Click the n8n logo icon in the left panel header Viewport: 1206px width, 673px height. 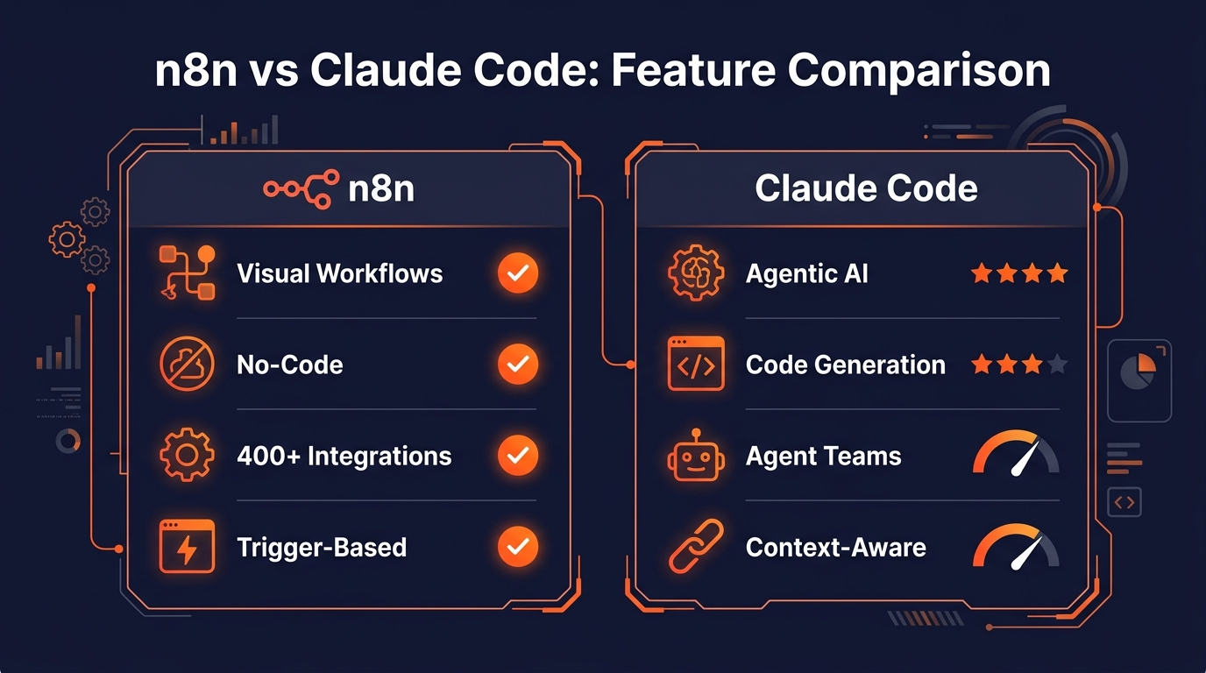[301, 188]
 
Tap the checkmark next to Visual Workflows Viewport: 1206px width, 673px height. [518, 273]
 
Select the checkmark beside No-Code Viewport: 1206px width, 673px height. [518, 365]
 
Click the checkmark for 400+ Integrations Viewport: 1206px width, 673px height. [518, 456]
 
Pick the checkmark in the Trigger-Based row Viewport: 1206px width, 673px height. [518, 548]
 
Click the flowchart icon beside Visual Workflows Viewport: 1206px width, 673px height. [187, 273]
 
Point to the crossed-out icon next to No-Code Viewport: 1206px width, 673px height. [187, 365]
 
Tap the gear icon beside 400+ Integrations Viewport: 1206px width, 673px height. [187, 456]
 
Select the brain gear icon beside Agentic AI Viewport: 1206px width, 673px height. [696, 273]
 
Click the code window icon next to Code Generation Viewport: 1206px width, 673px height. [696, 365]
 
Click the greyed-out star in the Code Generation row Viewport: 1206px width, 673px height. [1058, 364]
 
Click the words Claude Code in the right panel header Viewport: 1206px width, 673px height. [866, 188]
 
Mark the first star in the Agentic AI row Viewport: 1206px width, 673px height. [982, 273]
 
